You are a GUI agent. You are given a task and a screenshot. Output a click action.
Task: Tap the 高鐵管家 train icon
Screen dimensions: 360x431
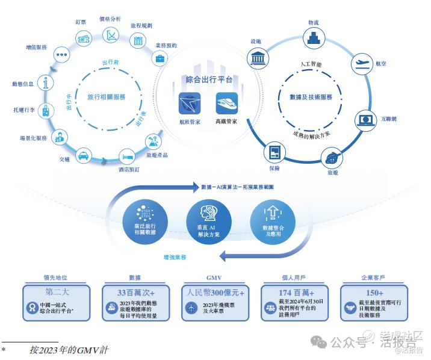(226, 103)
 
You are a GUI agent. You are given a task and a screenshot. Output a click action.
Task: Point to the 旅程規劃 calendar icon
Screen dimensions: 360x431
(138, 41)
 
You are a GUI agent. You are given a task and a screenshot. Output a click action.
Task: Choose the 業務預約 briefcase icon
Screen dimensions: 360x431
(161, 58)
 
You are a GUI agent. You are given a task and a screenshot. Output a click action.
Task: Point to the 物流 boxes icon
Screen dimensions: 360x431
(313, 39)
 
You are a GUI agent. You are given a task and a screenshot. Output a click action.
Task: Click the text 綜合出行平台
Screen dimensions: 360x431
(209, 79)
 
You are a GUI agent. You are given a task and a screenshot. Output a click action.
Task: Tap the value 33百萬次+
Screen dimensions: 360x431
(136, 292)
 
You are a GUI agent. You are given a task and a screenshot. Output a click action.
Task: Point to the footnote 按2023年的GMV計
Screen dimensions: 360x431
(69, 349)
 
